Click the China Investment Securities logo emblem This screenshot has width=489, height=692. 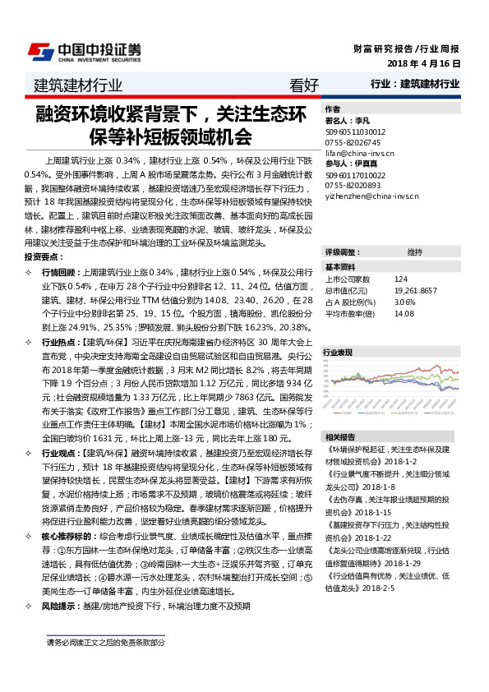click(38, 51)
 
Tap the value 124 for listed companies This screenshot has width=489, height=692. click(400, 280)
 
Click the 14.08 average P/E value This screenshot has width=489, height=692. click(404, 313)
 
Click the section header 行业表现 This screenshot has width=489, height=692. click(338, 352)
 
